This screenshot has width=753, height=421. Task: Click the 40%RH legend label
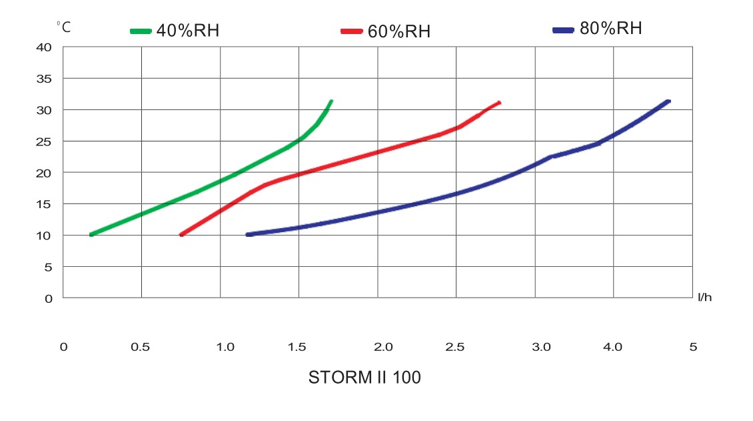[187, 31]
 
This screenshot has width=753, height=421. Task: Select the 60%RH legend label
[398, 31]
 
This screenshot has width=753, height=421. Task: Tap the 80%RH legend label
[610, 29]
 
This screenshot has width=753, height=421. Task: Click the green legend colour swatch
[141, 31]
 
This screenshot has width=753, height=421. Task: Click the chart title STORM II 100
[365, 378]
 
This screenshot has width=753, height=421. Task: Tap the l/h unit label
[704, 297]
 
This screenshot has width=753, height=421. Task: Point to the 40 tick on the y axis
[44, 47]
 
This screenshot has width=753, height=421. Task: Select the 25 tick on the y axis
[44, 141]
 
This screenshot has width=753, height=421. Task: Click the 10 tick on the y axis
[44, 236]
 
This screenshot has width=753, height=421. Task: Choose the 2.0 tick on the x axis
[384, 347]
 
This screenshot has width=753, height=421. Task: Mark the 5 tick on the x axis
[692, 347]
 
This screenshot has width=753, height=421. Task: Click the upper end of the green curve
[331, 101]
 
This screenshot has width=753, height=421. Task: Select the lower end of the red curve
[181, 235]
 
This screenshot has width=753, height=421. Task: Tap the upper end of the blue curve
[668, 101]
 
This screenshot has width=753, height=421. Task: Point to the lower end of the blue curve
[248, 235]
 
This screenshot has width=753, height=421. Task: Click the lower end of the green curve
[91, 235]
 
